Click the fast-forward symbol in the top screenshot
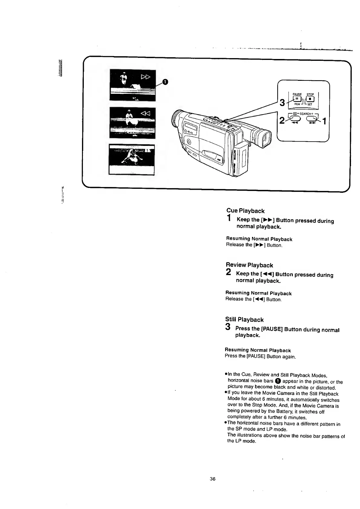(146, 78)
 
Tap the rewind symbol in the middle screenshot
(145, 113)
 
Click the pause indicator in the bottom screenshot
(147, 150)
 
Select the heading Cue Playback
(245, 211)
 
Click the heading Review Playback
(249, 265)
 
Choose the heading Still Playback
(244, 320)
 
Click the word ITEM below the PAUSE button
(297, 104)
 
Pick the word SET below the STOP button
(309, 104)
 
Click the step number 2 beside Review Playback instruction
(229, 272)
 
